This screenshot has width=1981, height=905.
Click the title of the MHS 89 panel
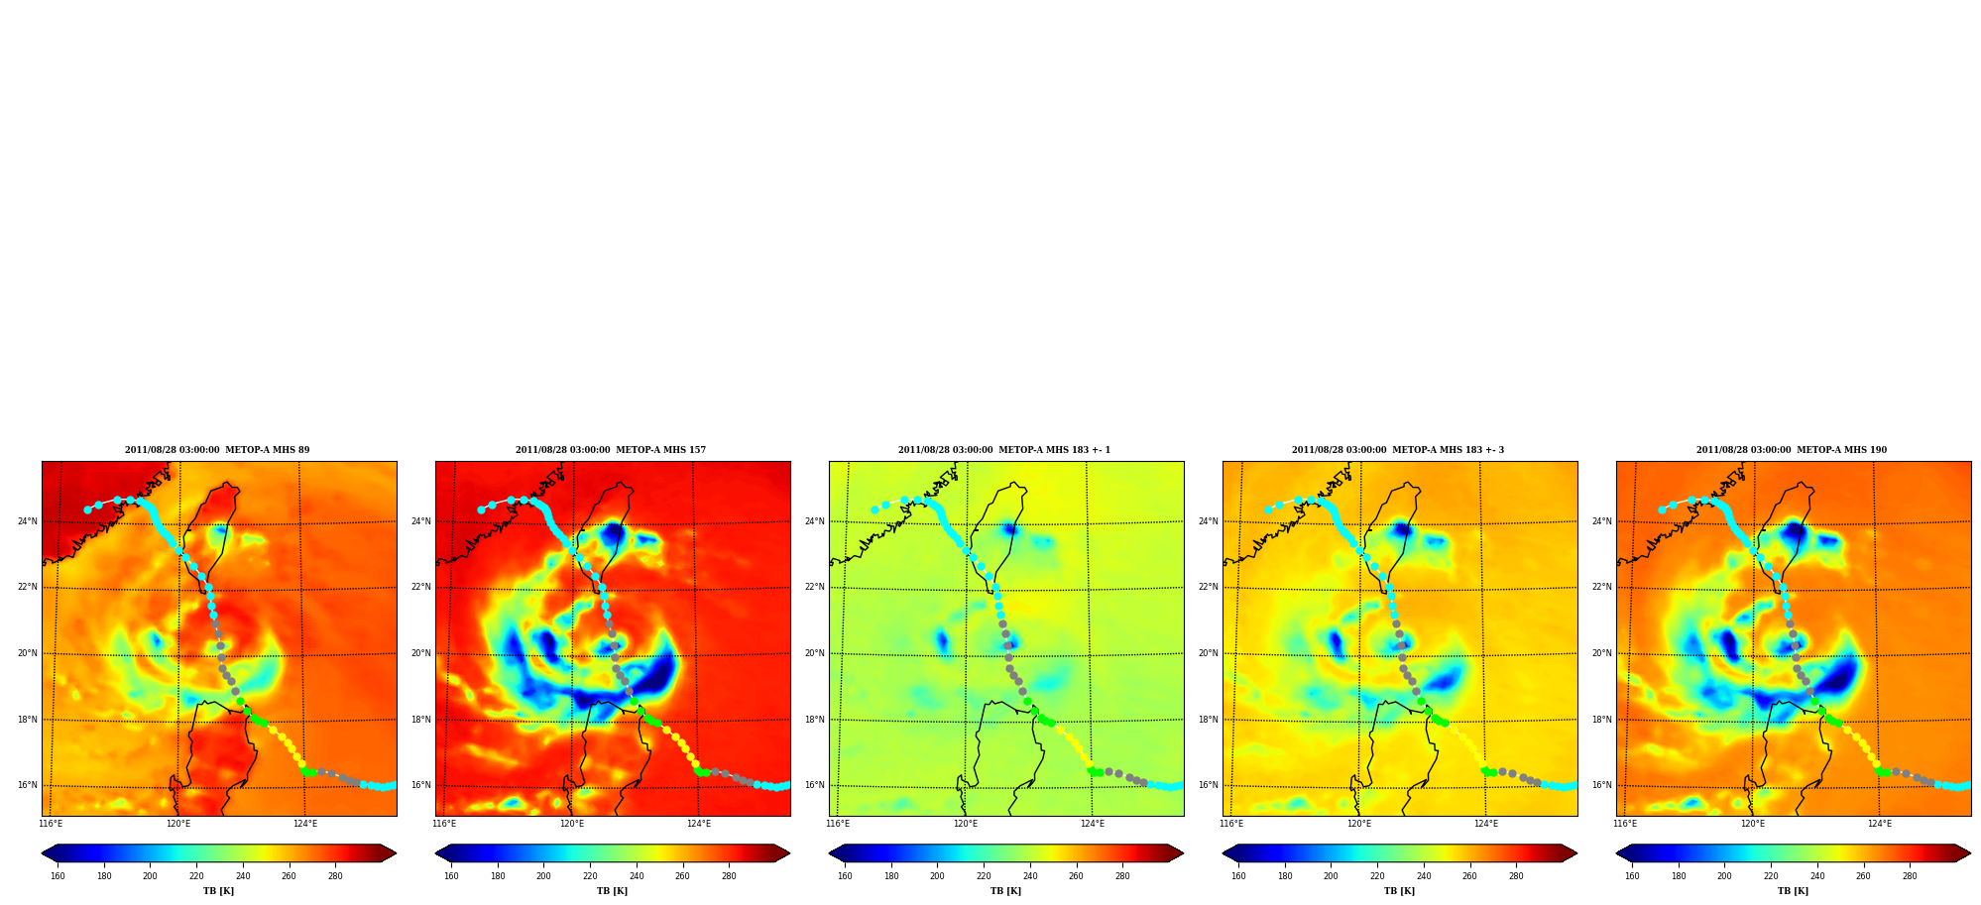pos(217,450)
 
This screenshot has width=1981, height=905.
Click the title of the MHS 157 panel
pos(611,450)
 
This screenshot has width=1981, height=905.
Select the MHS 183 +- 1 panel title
pos(1004,450)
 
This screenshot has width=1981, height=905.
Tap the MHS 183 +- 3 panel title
pos(1398,450)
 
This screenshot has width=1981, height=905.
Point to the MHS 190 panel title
pos(1792,450)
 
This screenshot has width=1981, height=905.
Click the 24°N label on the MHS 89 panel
pos(27,521)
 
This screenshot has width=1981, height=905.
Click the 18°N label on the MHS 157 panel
pos(420,720)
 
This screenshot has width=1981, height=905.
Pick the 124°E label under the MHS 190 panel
pos(1880,824)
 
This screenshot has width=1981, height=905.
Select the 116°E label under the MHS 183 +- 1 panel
pos(838,824)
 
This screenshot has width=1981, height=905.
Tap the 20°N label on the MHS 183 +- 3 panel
pos(1208,653)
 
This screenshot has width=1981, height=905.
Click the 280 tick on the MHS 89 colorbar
pos(335,876)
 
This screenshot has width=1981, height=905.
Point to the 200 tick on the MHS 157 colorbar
pos(543,876)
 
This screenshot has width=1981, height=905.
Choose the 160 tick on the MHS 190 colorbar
pos(1632,876)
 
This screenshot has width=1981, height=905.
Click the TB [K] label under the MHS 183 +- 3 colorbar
pos(1399,891)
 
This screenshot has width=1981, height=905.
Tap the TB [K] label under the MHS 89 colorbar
pos(218,891)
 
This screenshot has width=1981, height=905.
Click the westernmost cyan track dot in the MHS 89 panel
pos(87,510)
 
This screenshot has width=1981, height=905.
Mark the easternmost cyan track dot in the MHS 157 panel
pos(787,785)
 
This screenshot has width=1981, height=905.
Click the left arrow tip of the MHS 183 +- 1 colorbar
pos(829,853)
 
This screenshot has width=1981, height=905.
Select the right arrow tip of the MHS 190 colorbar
pos(1971,853)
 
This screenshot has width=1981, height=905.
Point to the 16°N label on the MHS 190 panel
pos(1601,785)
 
